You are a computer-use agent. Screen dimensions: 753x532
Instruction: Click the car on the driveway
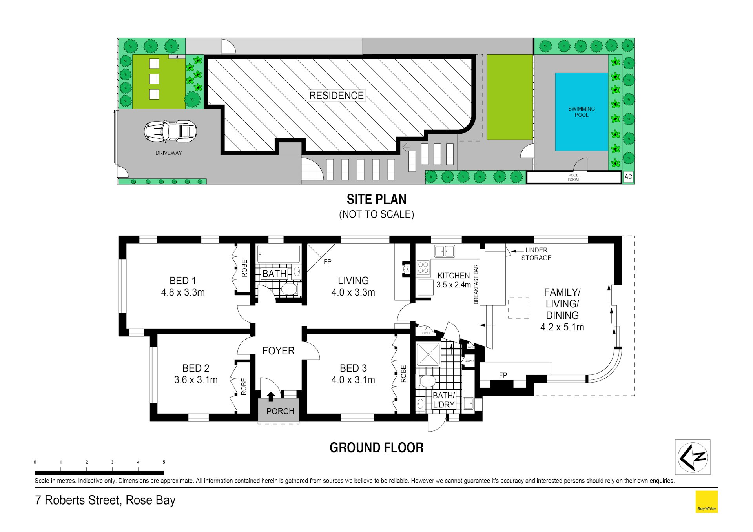pos(170,131)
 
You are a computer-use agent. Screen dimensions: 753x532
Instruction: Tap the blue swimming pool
pos(581,112)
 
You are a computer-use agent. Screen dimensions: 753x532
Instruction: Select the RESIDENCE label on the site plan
pos(336,95)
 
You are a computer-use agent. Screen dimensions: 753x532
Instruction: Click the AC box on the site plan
pos(628,177)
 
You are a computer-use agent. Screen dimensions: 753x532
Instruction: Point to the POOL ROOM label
pos(573,178)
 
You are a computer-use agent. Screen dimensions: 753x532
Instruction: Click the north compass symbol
pos(693,457)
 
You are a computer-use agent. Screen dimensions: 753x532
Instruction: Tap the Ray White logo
pos(706,501)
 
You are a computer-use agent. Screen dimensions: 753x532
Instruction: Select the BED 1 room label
pos(182,281)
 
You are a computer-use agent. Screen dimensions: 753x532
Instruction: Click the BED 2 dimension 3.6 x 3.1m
pos(196,380)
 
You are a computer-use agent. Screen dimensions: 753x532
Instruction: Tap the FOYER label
pos(278,351)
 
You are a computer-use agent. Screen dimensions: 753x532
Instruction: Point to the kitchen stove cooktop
pos(423,267)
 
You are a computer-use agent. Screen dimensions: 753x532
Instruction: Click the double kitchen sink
pos(444,251)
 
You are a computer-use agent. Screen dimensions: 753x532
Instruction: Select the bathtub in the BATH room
pos(278,254)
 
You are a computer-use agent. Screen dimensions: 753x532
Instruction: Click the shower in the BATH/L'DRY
pos(428,354)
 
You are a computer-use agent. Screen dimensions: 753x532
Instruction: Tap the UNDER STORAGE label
pos(536,254)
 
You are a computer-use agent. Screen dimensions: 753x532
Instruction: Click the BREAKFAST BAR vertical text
pos(476,284)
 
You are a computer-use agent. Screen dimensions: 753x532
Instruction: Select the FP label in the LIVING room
pos(327,261)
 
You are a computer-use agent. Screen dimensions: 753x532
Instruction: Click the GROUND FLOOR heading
pos(376,448)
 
